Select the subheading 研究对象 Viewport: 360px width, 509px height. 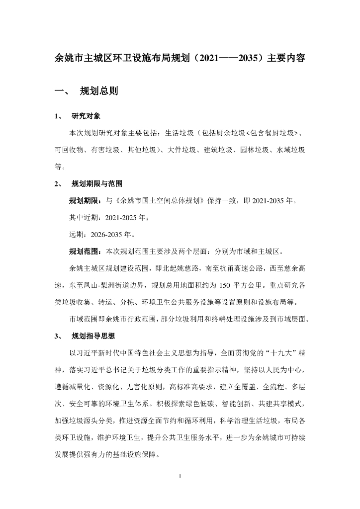click(87, 117)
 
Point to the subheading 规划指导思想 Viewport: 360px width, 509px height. click(93, 337)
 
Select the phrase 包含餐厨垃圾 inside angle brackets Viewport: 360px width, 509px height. click(274, 133)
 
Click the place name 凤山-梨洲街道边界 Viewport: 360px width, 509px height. click(114, 285)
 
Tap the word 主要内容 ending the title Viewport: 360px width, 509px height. click(285, 58)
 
